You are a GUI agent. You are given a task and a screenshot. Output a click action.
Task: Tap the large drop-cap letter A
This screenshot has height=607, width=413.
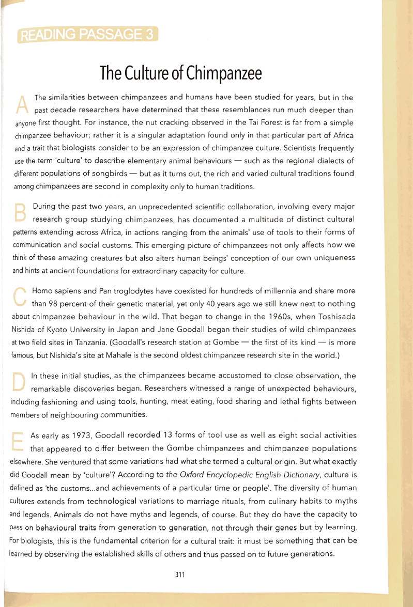tap(22, 104)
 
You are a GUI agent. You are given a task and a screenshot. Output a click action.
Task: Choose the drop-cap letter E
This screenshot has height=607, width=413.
tap(20, 441)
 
